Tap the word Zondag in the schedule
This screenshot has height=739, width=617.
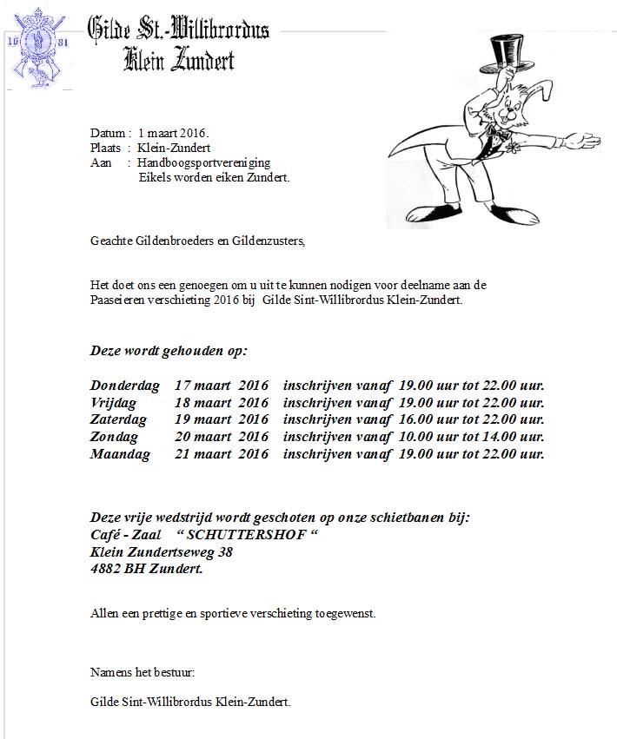coord(114,437)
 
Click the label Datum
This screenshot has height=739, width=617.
coord(108,133)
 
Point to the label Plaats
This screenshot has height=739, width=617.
coord(107,148)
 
